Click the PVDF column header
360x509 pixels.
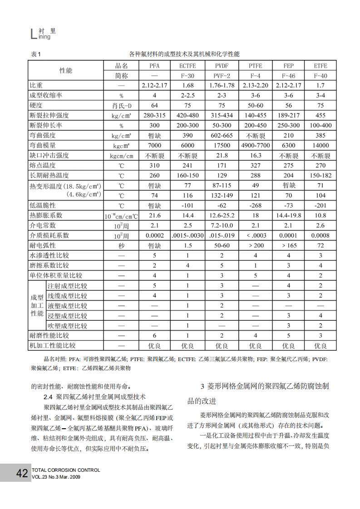(x=222, y=66)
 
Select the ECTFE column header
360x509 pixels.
(x=187, y=66)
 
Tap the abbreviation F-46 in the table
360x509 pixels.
(x=288, y=76)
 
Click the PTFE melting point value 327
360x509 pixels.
(x=256, y=166)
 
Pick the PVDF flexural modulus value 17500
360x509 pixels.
(x=222, y=146)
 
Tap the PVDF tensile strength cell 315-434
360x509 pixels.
(x=222, y=116)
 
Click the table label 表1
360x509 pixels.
(x=35, y=54)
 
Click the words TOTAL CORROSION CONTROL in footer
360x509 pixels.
(x=65, y=470)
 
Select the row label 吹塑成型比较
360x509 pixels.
(x=68, y=326)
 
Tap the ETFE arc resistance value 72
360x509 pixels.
(x=321, y=245)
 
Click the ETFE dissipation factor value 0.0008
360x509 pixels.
(x=321, y=235)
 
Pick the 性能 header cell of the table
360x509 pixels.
(x=66, y=71)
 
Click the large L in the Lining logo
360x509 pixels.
(x=32, y=34)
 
